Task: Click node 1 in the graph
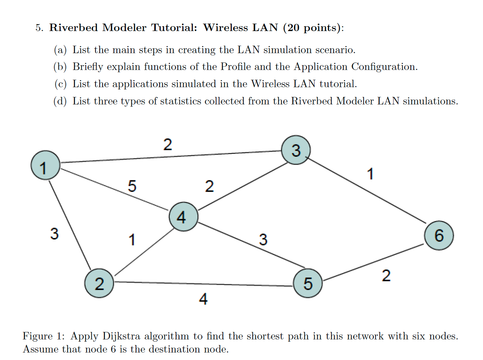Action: pos(45,165)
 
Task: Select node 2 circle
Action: pos(99,283)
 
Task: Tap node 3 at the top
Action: pos(296,150)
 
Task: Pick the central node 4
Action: pos(183,217)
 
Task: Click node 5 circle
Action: pos(307,283)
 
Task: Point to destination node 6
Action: pos(439,235)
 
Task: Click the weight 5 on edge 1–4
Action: pos(132,186)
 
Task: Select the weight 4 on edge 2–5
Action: pos(203,299)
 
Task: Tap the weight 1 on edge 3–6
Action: pos(370,174)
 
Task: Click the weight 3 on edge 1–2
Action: pos(54,234)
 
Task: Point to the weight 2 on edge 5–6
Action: pos(386,276)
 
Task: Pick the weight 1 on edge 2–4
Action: pos(132,240)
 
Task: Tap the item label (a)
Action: pos(60,50)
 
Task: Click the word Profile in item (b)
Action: pos(236,67)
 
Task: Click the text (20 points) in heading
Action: pos(313,28)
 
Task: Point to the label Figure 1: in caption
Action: pos(43,336)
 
